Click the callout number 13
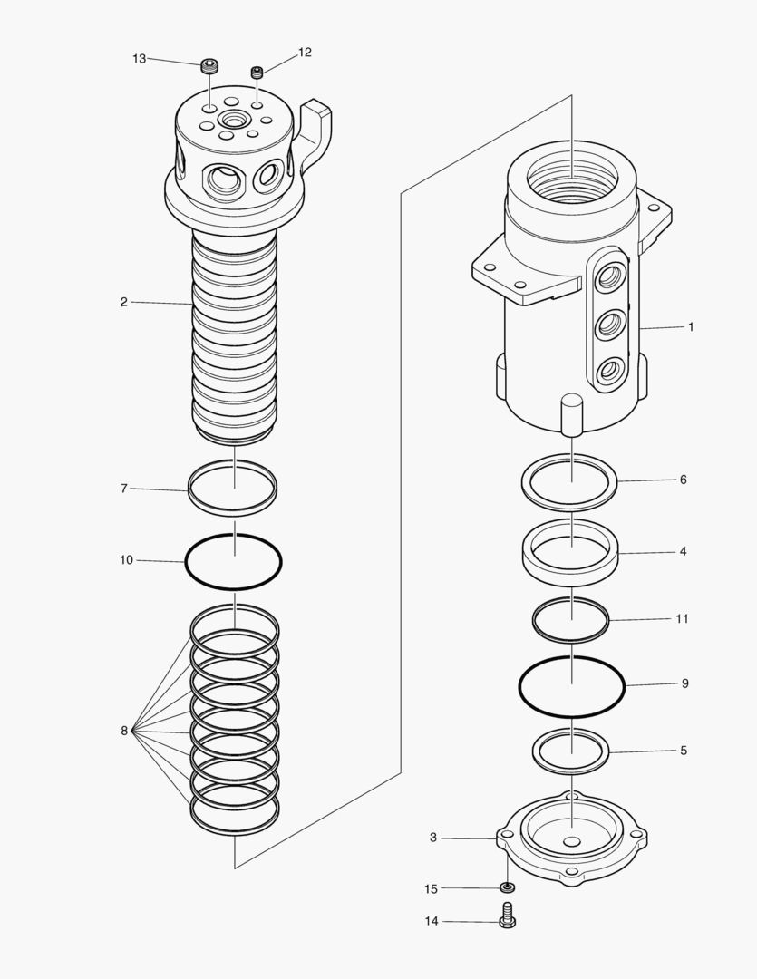point(139,58)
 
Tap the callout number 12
point(305,53)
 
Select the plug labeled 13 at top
point(210,65)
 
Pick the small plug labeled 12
point(258,71)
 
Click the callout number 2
point(123,302)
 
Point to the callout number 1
point(690,326)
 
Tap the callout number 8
point(124,731)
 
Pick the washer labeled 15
point(507,887)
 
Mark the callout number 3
point(433,838)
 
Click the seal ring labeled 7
point(190,490)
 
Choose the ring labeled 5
point(534,751)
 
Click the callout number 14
point(432,921)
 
